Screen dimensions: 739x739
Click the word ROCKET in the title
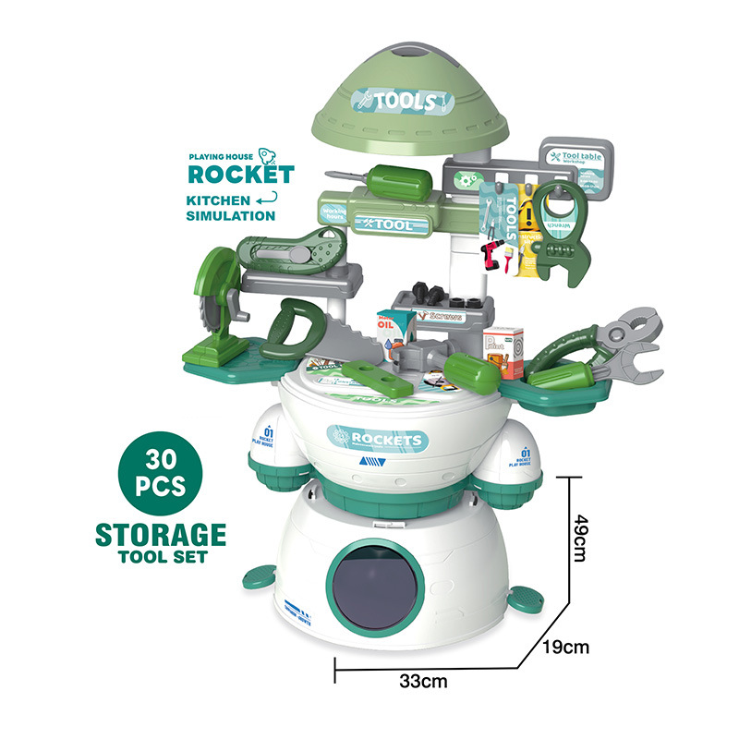tap(241, 174)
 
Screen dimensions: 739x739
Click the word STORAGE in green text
tap(161, 535)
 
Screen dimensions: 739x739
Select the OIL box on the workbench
tap(389, 330)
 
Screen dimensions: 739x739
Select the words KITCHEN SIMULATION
tap(232, 209)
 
